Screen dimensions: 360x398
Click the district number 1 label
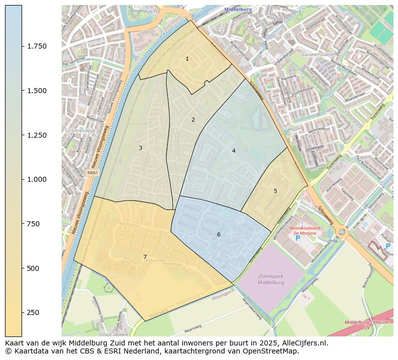187,59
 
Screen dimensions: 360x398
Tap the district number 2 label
193,120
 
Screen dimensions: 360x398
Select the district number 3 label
140,148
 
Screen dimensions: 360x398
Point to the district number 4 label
234,151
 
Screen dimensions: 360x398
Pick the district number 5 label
275,191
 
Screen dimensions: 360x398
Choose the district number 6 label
219,235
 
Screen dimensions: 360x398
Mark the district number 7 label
145,257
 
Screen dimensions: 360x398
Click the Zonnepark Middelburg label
271,279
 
